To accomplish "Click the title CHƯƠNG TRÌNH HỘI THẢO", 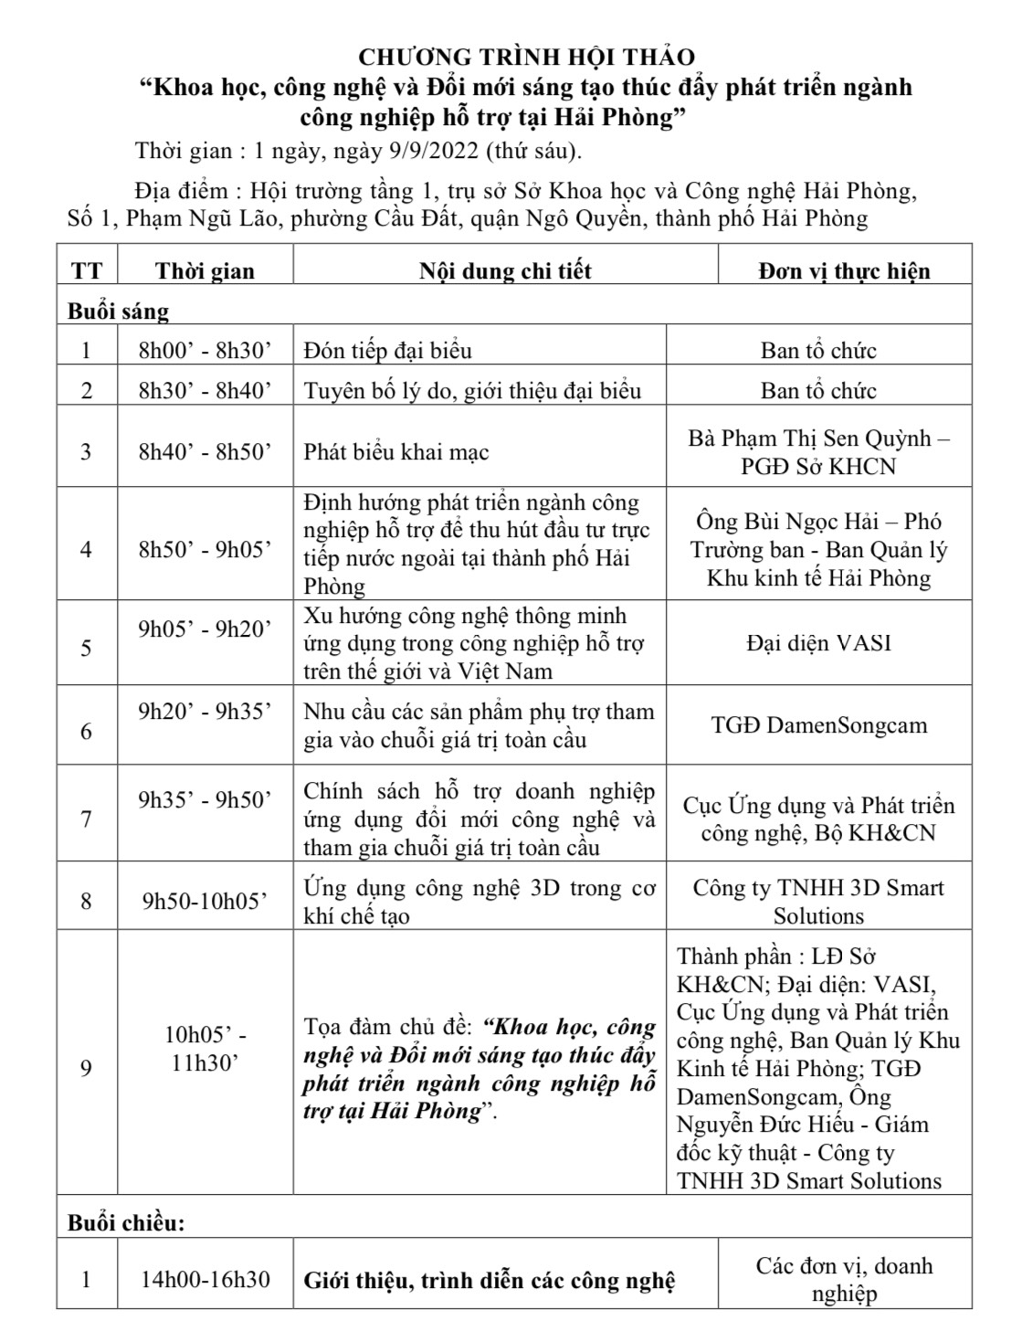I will click(x=526, y=57).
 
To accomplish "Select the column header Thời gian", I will click(x=205, y=271).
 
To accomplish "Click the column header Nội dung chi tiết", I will click(x=505, y=271).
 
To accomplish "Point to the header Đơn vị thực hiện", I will click(x=844, y=271).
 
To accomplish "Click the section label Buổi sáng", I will click(x=119, y=312).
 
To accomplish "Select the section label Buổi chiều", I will click(x=126, y=1222).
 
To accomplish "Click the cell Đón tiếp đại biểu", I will click(x=388, y=351).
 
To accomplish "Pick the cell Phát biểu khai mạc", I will click(x=396, y=452).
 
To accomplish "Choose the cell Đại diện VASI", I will click(x=818, y=643).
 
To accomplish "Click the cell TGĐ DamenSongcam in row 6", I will click(x=818, y=725).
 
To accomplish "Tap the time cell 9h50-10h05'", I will click(x=205, y=902).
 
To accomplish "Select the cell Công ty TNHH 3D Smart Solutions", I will click(x=818, y=902).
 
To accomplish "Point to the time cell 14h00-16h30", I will click(x=205, y=1280).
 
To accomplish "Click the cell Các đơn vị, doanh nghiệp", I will click(x=844, y=1280).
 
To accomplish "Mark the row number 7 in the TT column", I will click(x=87, y=819).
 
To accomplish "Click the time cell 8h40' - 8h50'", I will click(x=205, y=452).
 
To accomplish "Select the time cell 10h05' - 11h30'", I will click(x=205, y=1049).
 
